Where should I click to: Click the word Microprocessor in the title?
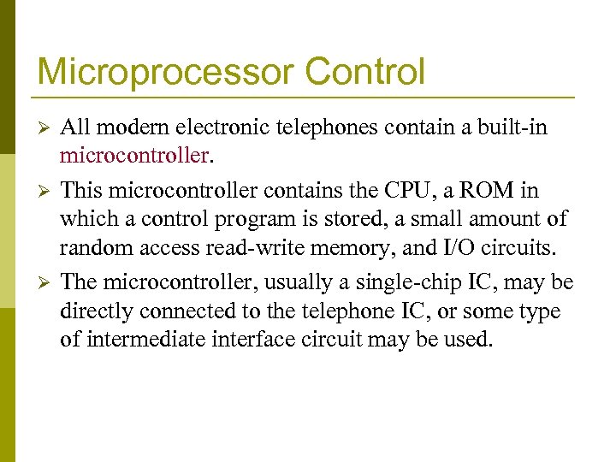click(x=160, y=72)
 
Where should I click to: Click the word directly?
click(x=96, y=311)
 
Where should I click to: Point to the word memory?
click(x=350, y=249)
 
